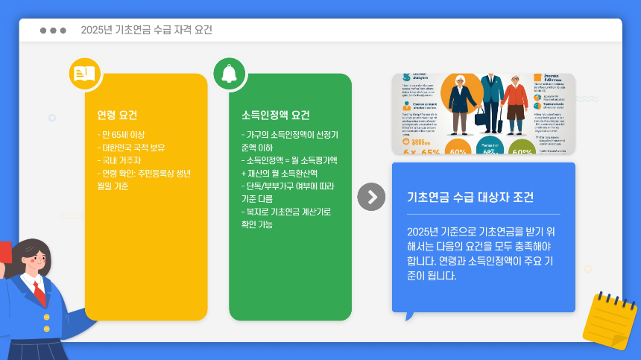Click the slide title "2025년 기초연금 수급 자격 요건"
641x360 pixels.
(146, 31)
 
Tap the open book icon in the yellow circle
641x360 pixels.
(84, 73)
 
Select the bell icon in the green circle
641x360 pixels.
(229, 73)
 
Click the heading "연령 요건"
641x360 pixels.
(117, 116)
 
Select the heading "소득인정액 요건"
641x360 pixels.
(276, 116)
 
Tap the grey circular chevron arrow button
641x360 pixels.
(371, 197)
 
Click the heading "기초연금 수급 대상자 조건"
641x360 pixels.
(470, 198)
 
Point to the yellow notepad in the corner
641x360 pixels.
(609, 320)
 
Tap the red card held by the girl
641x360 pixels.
(4, 250)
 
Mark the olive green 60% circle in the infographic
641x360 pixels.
(522, 150)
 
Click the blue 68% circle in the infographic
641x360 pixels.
(490, 150)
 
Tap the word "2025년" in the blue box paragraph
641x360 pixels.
(422, 231)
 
